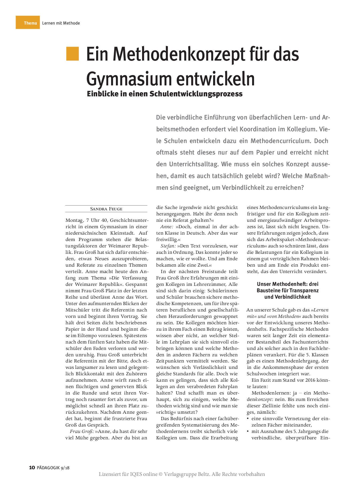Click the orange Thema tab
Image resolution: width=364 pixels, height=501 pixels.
[28, 23]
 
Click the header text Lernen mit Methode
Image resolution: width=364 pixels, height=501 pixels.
[61, 23]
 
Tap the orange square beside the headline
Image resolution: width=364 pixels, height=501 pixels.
[72, 54]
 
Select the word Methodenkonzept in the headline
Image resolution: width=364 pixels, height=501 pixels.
[166, 54]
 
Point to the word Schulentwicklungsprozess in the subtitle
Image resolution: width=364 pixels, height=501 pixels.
[196, 94]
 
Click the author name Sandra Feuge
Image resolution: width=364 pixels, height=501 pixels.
[106, 209]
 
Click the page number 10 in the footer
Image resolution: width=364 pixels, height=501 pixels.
[32, 467]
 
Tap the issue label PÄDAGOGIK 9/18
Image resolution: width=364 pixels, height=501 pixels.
[53, 468]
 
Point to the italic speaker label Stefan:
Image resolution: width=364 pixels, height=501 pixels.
[168, 246]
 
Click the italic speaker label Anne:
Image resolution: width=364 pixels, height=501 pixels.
[167, 227]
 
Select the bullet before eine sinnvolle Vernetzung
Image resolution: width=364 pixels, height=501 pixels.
[248, 419]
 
